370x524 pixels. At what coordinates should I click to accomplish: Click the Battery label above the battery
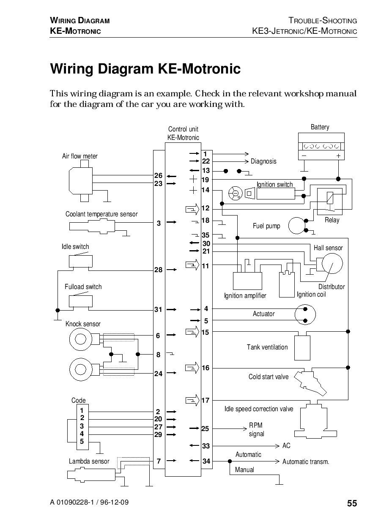tap(320, 127)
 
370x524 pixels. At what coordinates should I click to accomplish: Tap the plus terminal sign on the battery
tap(338, 156)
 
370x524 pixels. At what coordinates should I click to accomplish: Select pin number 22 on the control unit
tap(206, 161)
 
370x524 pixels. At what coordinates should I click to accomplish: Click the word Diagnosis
tap(263, 161)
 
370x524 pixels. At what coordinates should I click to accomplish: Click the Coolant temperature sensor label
tap(101, 214)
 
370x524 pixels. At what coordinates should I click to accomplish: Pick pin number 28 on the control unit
tap(158, 270)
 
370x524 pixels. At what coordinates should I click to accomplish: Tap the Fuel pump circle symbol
tap(297, 226)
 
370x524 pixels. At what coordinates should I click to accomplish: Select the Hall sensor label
tap(328, 248)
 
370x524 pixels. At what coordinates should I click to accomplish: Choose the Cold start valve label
tap(268, 377)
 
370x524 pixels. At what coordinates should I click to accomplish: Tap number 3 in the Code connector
tap(82, 426)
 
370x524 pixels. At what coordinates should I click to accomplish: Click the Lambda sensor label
tap(89, 461)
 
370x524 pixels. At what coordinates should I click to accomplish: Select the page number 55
tap(352, 503)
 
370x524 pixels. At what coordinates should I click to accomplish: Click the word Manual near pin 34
tap(244, 469)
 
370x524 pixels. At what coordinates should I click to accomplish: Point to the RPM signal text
tap(256, 429)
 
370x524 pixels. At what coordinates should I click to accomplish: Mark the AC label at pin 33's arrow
tap(286, 445)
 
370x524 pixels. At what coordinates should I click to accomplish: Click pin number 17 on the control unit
tap(205, 400)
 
